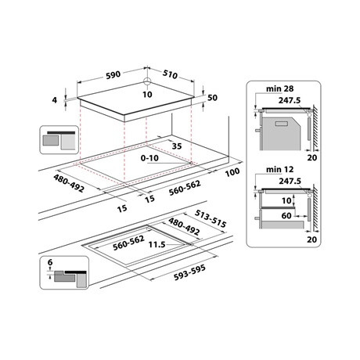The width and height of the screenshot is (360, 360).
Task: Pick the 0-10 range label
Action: pyautogui.click(x=150, y=158)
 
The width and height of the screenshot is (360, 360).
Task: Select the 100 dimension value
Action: pyautogui.click(x=232, y=172)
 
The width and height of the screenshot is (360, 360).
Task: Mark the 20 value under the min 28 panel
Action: pyautogui.click(x=314, y=157)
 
